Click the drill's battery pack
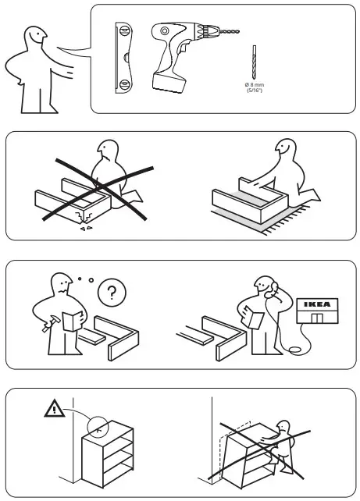pyautogui.click(x=170, y=80)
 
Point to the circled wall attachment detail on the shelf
pyautogui.click(x=98, y=427)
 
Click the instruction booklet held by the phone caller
pyautogui.click(x=251, y=316)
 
